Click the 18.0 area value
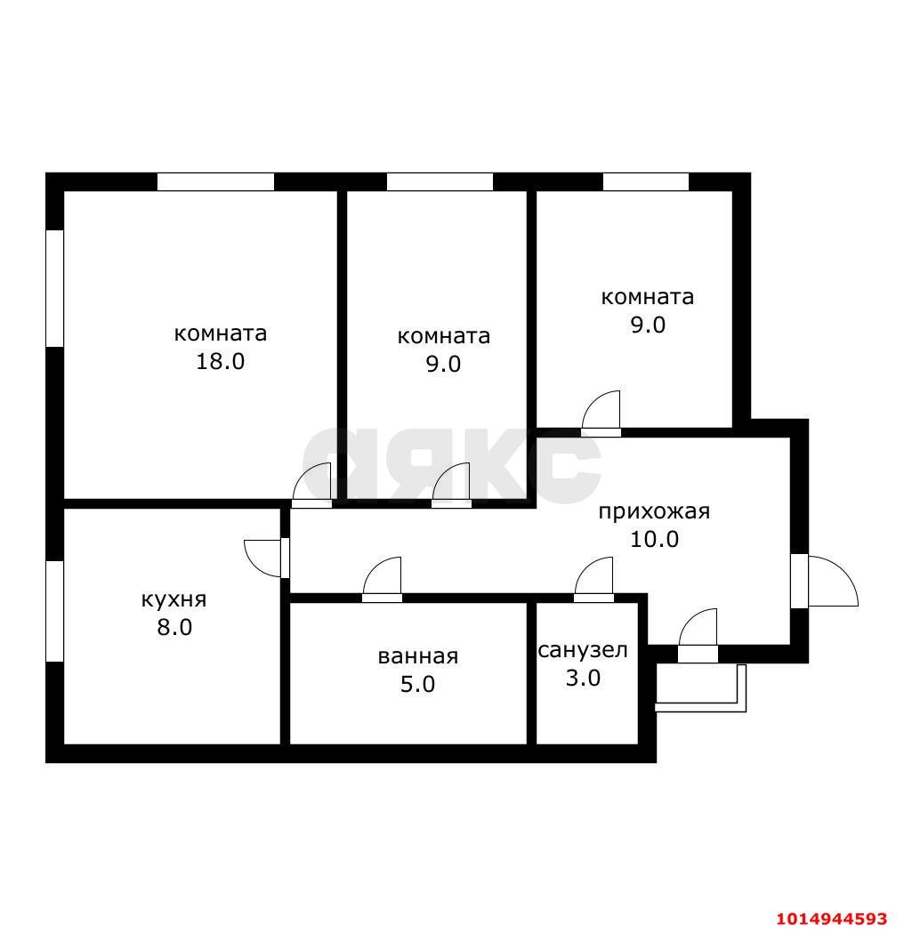220,362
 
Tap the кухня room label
174,599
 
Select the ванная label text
417,656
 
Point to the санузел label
583,650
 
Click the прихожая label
653,511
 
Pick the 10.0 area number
654,539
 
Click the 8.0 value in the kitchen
174,628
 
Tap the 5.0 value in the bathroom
417,685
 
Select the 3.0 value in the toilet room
583,678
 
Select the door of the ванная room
383,579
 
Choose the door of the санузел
595,579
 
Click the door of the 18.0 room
314,486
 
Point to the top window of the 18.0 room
215,181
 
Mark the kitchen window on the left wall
54,611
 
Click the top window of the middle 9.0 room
440,181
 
